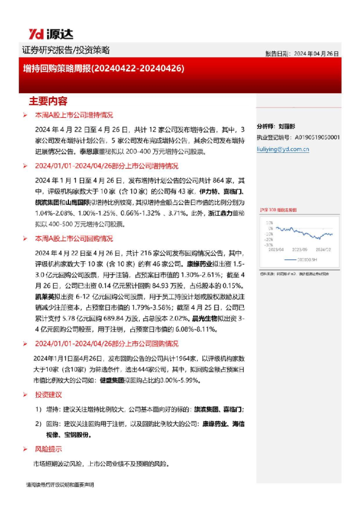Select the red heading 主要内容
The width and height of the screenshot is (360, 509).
pos(48,100)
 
